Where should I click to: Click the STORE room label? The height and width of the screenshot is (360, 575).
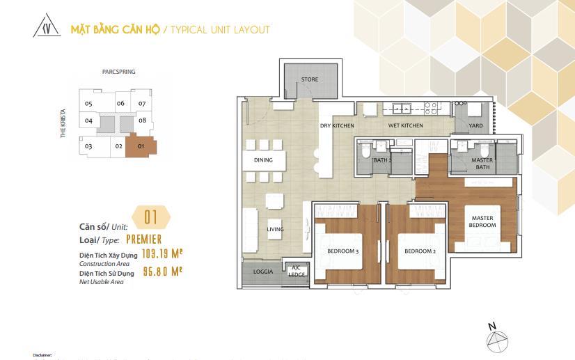(x=310, y=79)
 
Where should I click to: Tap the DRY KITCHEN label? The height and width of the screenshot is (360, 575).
(x=337, y=126)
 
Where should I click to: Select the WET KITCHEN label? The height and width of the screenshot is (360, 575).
(x=405, y=126)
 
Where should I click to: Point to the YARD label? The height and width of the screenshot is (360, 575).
(x=476, y=126)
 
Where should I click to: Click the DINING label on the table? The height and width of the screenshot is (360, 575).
(x=263, y=160)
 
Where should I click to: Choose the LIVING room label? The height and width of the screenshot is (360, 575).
(x=276, y=229)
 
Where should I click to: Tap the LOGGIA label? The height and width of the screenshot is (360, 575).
(x=263, y=272)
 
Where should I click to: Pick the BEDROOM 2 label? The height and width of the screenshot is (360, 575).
(x=420, y=251)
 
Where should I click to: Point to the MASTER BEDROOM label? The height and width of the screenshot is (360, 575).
(x=482, y=222)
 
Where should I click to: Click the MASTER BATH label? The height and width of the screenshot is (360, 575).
(x=482, y=164)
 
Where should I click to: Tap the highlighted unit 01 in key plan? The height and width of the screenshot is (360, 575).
(x=141, y=146)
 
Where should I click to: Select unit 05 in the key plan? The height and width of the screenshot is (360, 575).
(x=88, y=104)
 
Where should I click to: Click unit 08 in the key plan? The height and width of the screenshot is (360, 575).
(x=142, y=120)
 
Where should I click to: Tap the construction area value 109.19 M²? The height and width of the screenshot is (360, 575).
(x=162, y=254)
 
